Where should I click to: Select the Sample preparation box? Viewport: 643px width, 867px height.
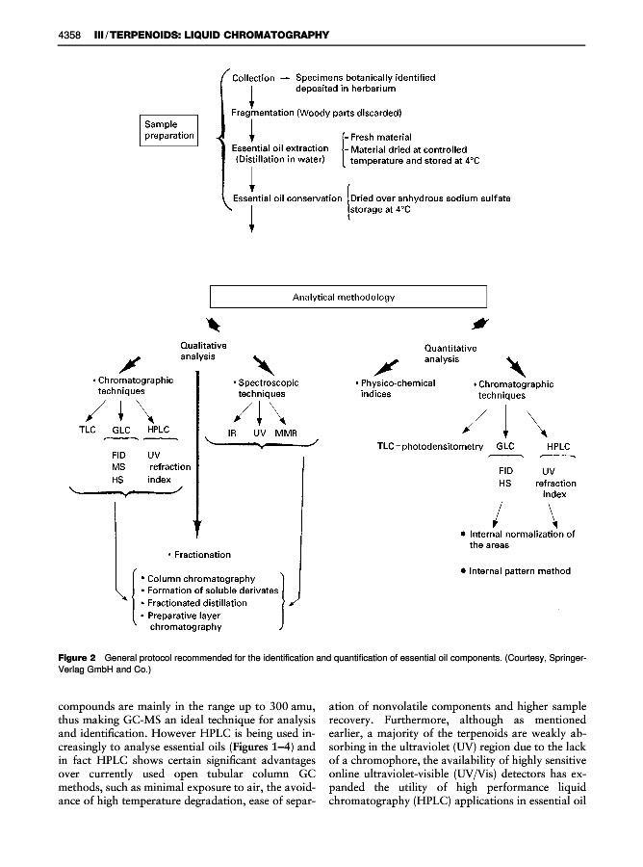169,130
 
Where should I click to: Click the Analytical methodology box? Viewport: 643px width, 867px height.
348,297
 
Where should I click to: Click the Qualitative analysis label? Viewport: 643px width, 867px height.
203,351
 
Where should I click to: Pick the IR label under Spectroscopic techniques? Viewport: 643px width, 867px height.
232,433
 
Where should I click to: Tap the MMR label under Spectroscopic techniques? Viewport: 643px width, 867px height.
287,433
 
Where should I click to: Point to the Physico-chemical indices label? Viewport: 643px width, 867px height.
396,388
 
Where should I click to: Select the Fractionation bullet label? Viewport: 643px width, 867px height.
199,554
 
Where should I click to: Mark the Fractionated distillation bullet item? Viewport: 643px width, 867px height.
198,602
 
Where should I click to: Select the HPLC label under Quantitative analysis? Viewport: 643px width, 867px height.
558,447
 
